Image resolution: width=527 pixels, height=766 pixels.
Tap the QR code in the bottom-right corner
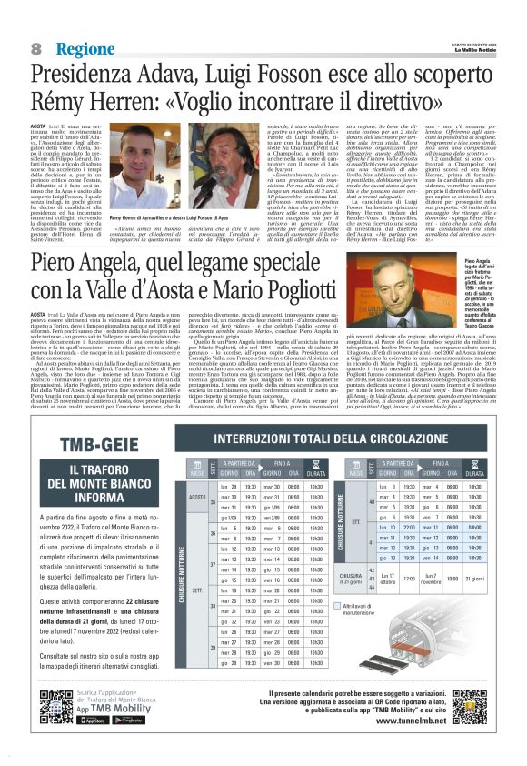[x=479, y=707]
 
